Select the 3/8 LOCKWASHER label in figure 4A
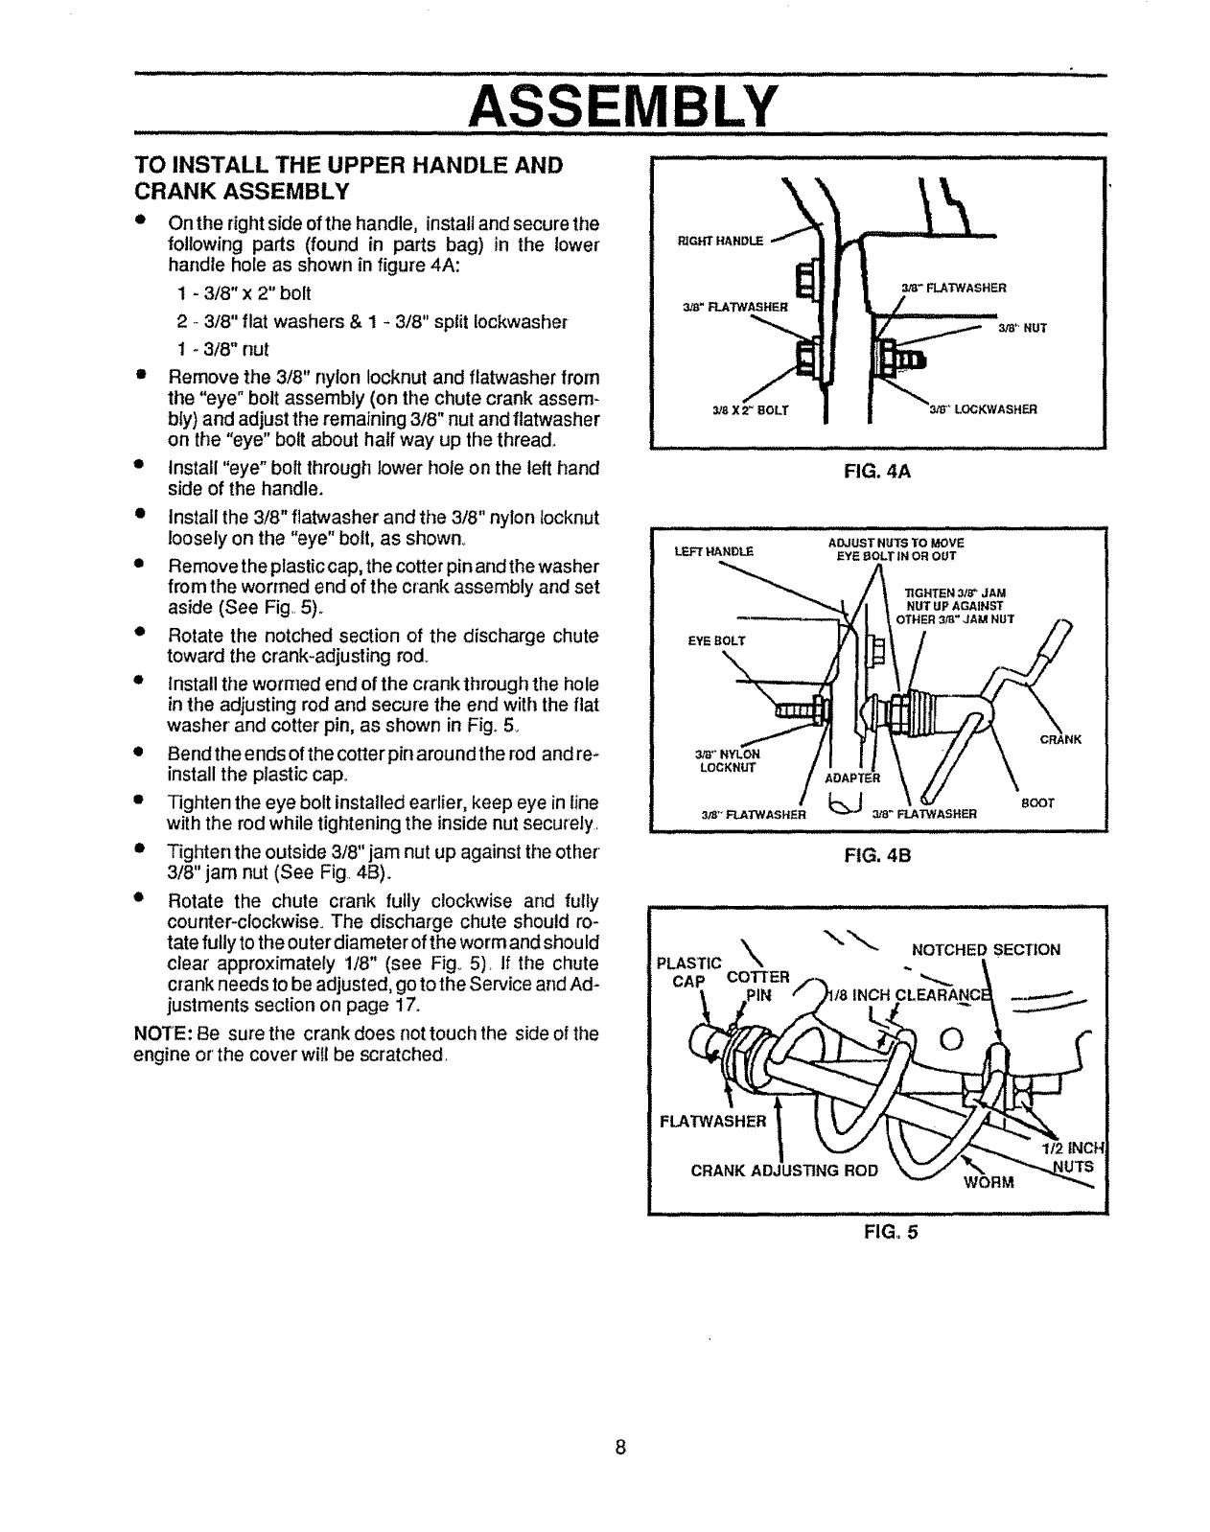[x=983, y=409]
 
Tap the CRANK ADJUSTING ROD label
[x=784, y=1170]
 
